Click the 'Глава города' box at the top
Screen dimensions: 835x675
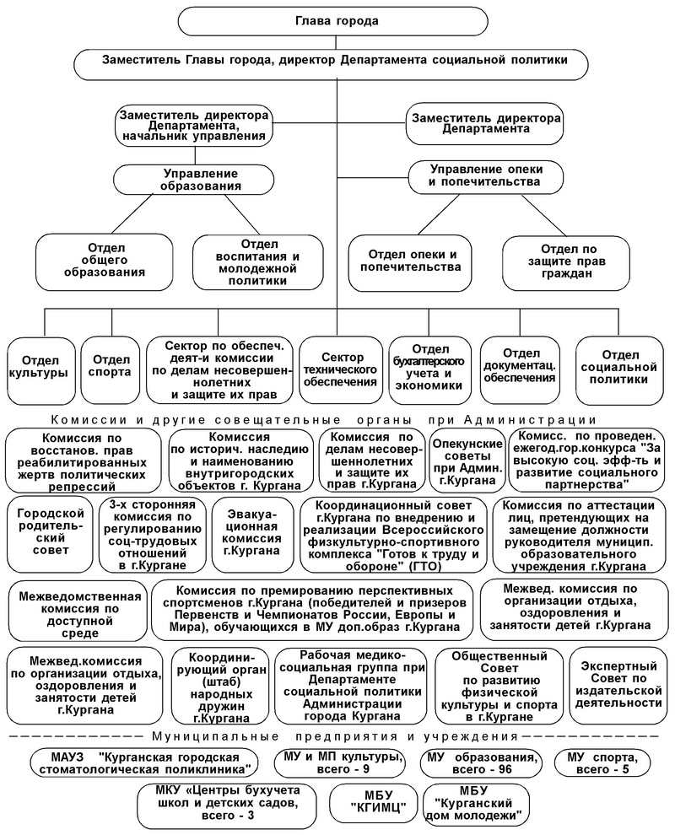coord(337,20)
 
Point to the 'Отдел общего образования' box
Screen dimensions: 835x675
coord(105,260)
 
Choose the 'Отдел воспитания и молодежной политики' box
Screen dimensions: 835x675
coord(257,261)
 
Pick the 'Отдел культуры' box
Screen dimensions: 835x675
coord(38,365)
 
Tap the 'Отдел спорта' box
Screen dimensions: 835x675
coord(111,365)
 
